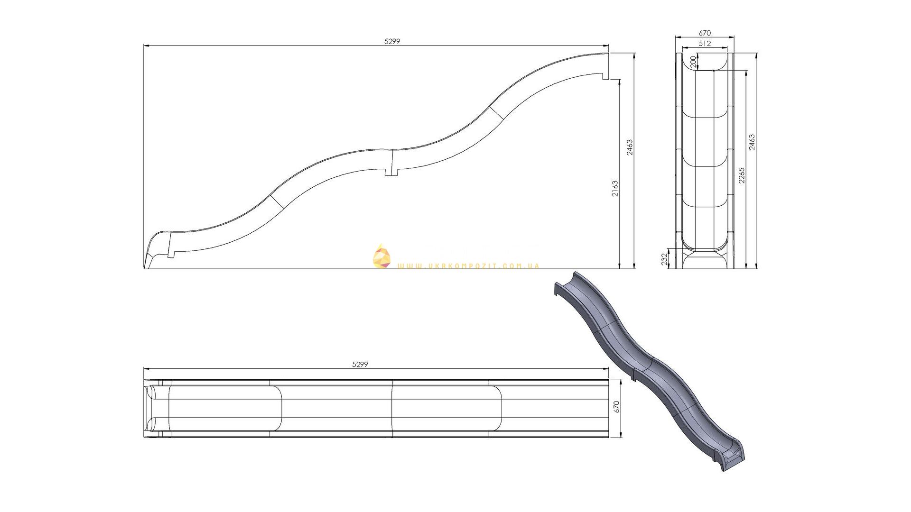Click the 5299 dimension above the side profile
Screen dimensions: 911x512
392,41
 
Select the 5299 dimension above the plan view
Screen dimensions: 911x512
360,365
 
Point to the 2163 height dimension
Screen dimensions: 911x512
615,188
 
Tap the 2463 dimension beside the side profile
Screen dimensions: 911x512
629,147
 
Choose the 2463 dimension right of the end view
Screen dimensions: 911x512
752,142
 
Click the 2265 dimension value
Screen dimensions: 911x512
742,175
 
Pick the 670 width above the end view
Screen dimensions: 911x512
705,33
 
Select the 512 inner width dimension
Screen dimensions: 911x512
705,43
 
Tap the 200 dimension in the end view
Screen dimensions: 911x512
693,62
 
